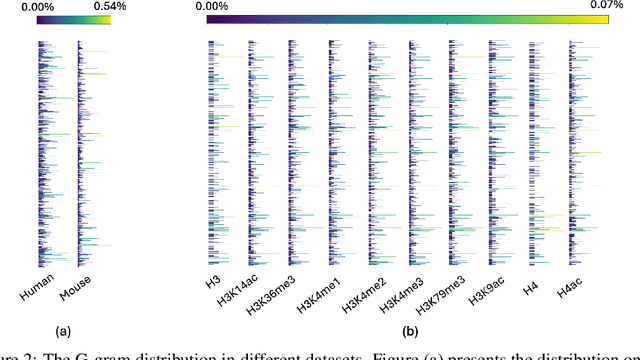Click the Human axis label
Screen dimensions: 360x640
pos(36,284)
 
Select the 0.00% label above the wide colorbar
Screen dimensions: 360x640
pos(212,6)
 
